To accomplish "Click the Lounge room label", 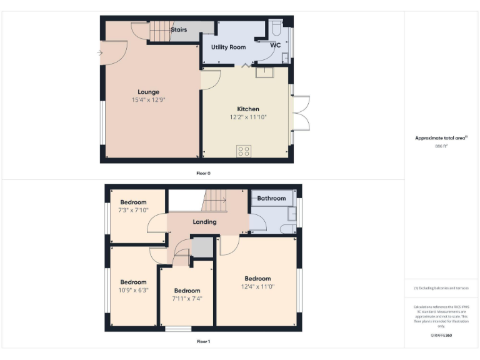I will (148, 92).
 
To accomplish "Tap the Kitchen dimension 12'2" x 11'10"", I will (247, 117).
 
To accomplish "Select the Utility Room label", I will (228, 47).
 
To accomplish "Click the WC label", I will (276, 46).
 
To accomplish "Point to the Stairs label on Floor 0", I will (179, 29).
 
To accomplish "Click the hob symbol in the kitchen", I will (244, 151).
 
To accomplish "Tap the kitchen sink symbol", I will (264, 71).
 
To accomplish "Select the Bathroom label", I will (271, 198).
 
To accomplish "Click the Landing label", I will (204, 222).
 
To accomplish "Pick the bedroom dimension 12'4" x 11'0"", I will (257, 286).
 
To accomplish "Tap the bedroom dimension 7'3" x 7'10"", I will (133, 210).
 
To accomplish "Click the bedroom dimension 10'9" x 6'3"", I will (133, 290).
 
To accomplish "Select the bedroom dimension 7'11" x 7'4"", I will (187, 298).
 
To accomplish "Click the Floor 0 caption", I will (203, 173).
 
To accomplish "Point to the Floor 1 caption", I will (203, 342).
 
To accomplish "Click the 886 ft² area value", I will (441, 145).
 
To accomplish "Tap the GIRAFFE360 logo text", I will (441, 336).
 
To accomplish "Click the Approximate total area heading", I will (440, 137).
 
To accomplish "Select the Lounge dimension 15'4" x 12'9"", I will (148, 100).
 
